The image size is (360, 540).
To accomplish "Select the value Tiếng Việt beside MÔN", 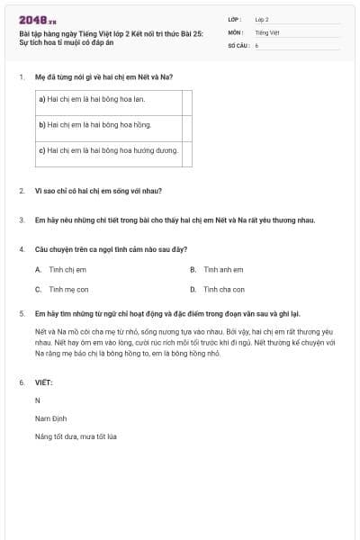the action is pos(267,31).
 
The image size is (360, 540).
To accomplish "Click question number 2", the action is pos(22,191).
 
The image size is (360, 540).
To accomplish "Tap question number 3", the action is pos(22,220).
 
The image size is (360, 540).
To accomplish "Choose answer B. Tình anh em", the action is pos(217,269).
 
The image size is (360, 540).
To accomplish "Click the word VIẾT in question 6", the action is pos(43,382).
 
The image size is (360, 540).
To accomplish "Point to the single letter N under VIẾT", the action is pos(38,400).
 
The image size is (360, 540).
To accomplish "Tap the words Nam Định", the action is pos(50,418).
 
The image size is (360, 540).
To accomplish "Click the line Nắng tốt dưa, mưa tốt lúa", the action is pos(76,436).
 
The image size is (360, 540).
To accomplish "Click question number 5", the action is pos(22,314).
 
